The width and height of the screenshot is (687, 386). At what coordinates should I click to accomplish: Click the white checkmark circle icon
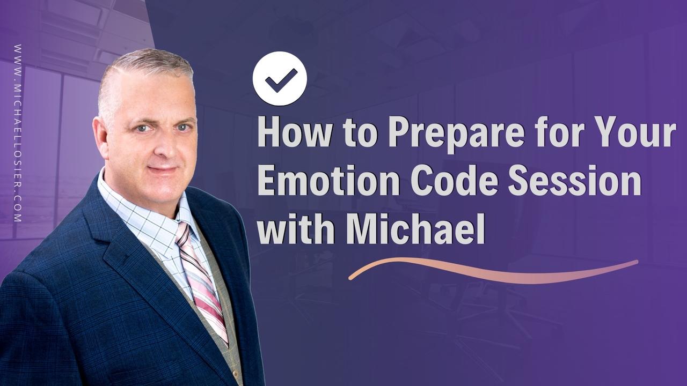(280, 79)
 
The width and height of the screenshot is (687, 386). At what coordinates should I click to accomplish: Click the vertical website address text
(18, 133)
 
